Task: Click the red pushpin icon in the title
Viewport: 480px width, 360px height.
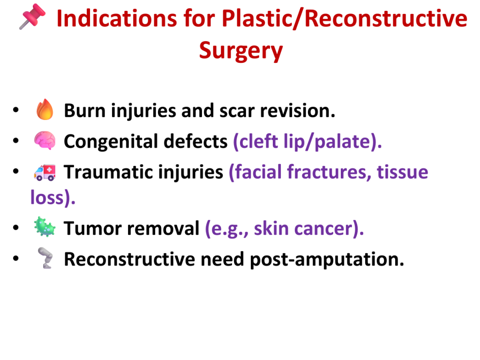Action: tap(32, 16)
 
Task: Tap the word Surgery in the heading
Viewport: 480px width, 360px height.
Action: tap(241, 51)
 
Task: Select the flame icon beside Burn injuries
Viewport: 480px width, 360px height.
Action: tap(45, 109)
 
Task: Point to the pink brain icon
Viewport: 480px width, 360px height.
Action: tap(45, 140)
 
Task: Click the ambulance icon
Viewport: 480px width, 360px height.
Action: tap(45, 172)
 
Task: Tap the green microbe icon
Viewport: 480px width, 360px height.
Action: tap(45, 227)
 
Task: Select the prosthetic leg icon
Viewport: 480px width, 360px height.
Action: tap(45, 258)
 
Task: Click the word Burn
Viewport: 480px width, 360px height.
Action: tap(85, 111)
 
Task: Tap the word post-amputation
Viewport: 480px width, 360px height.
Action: tap(327, 260)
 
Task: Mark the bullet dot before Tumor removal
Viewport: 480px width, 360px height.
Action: tap(16, 228)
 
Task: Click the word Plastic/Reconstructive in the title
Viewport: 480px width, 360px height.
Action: tap(345, 19)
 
